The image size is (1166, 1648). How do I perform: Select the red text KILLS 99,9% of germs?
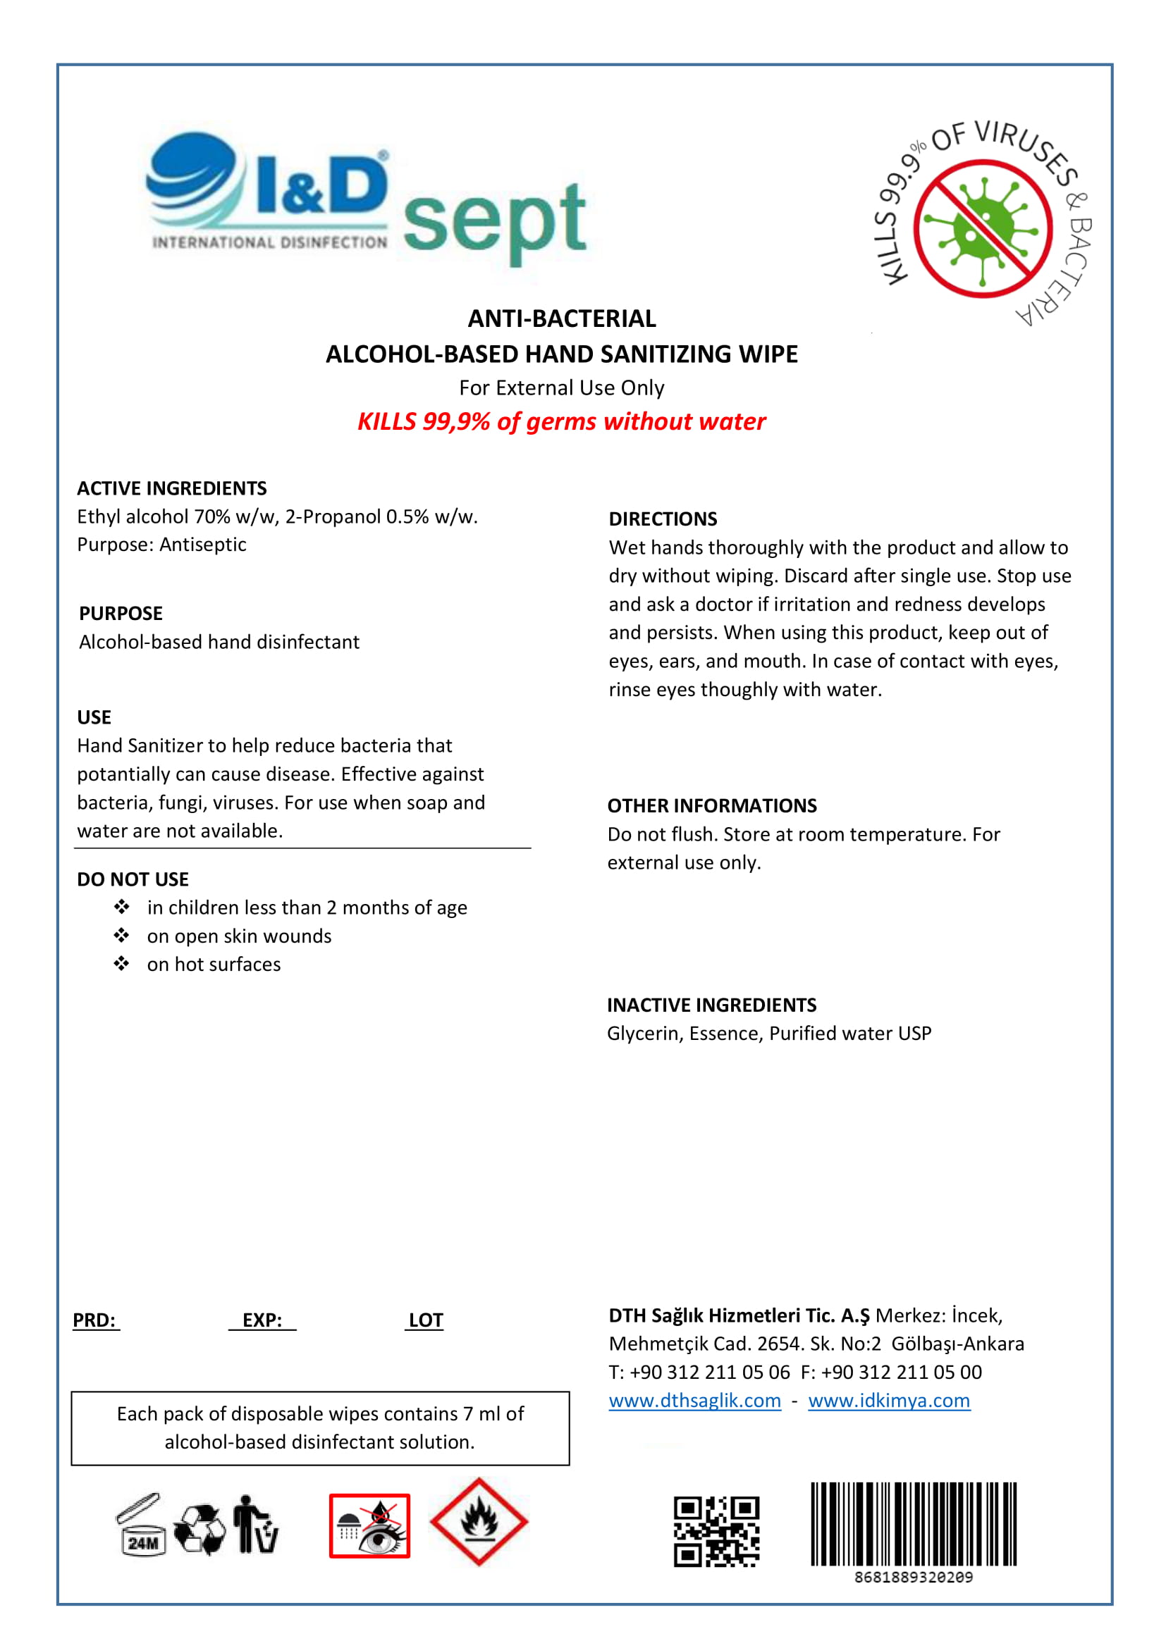point(561,421)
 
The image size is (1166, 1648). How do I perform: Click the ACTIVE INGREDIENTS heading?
point(171,488)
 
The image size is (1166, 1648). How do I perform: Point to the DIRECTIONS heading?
point(663,519)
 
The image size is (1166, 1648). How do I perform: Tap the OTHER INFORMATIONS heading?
point(711,805)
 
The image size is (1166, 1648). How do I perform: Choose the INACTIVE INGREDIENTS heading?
point(711,1005)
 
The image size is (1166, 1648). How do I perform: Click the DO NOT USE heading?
point(133,879)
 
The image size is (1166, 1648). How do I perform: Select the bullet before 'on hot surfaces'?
point(121,964)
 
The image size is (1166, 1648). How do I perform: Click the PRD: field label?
point(94,1320)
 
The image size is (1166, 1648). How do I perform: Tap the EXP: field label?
point(262,1320)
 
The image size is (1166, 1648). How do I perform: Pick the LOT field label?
point(425,1320)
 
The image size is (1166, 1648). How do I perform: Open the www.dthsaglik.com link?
point(694,1401)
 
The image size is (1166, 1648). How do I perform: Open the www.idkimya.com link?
point(889,1401)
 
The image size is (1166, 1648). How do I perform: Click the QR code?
point(716,1531)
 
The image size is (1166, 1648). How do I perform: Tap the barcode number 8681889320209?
point(913,1577)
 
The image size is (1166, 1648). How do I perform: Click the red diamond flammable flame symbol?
point(479,1521)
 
